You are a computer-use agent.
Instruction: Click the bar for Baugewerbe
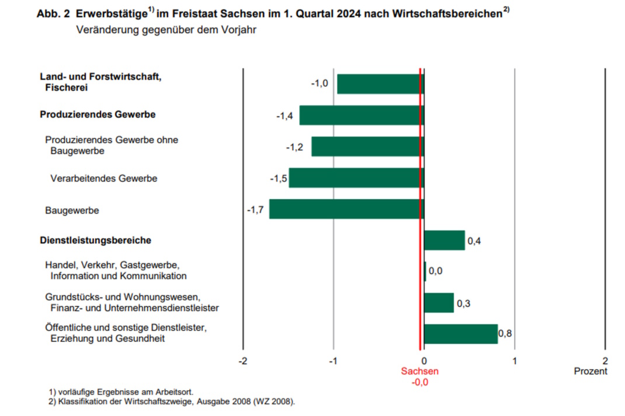(346, 209)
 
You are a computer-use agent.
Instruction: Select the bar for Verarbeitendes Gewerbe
(356, 178)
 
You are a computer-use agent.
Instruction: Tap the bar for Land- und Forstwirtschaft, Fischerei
(380, 84)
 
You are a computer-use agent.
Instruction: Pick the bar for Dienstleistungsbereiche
(445, 240)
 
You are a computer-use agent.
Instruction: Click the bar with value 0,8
(461, 334)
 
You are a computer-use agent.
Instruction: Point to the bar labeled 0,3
(439, 303)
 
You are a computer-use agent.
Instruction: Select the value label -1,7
(255, 209)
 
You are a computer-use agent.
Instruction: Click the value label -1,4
(284, 116)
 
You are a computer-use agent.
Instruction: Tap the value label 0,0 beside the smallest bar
(436, 271)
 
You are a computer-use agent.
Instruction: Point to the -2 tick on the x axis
(243, 361)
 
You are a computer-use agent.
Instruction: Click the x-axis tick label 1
(515, 361)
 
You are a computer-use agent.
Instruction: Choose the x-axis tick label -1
(333, 361)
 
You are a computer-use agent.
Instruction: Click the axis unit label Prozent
(591, 371)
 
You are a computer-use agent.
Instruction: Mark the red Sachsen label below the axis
(419, 371)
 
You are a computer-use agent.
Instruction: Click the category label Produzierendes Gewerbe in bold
(98, 114)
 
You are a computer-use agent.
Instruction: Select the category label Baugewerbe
(72, 210)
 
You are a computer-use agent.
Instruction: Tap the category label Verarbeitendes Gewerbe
(104, 179)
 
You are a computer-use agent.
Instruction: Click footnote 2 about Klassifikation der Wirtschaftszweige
(172, 401)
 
